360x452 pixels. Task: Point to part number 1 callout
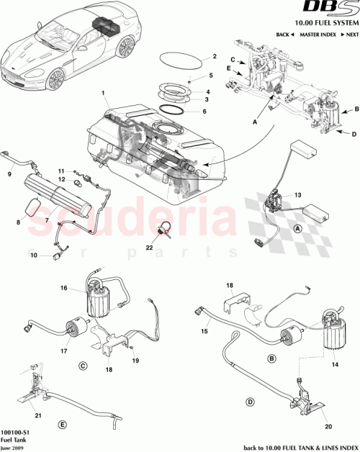point(104,94)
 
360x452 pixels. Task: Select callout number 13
point(297,195)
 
